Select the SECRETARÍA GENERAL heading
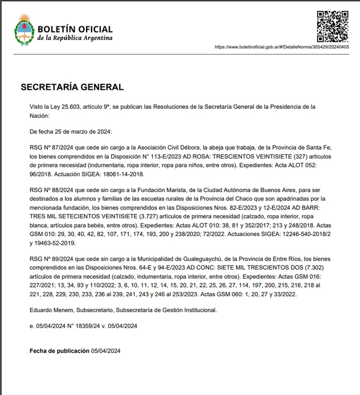click(x=72, y=87)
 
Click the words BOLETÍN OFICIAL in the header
click(x=75, y=29)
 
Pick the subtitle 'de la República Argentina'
click(x=75, y=38)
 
